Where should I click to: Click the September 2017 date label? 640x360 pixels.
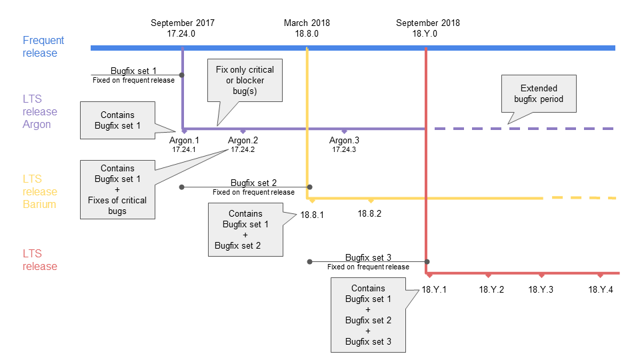point(182,23)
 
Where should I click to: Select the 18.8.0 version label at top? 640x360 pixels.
point(307,33)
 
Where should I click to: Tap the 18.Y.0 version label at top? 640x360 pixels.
point(427,33)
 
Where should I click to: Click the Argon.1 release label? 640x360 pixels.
point(184,141)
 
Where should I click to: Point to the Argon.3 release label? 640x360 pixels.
point(344,141)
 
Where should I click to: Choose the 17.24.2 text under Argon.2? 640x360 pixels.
point(243,150)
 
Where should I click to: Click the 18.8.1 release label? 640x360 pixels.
point(312,215)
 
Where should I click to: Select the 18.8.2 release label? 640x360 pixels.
point(369,214)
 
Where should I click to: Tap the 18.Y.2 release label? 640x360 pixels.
point(491,289)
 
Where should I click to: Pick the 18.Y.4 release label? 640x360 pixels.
point(601,289)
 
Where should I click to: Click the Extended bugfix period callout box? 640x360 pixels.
point(539,93)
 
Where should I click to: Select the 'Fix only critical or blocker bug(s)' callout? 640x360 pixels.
point(245,80)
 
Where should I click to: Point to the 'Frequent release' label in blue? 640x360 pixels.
point(43,47)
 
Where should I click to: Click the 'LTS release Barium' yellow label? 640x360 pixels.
point(40,191)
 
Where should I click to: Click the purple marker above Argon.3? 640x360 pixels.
point(344,131)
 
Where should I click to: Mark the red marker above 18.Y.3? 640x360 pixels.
point(541,275)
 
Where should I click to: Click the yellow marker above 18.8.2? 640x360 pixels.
point(371,200)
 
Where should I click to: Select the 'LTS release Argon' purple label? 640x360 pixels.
point(40,111)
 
